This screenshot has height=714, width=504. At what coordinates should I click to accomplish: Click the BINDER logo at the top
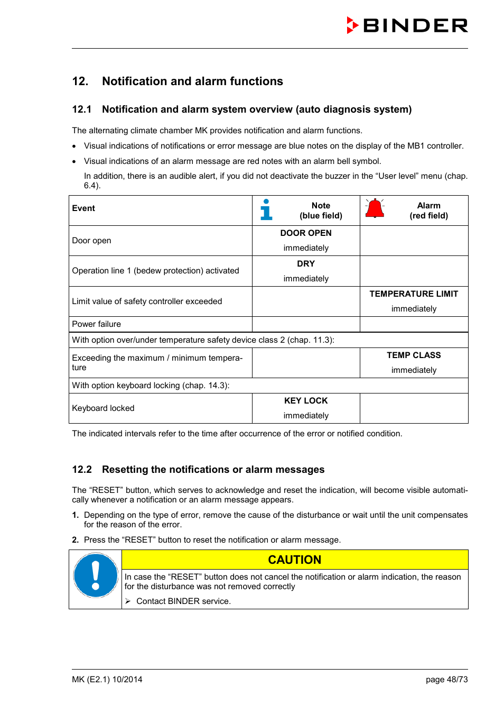pyautogui.click(x=407, y=25)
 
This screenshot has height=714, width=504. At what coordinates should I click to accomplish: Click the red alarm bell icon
pyautogui.click(x=375, y=209)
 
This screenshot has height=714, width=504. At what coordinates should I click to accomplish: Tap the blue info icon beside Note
pyautogui.click(x=266, y=209)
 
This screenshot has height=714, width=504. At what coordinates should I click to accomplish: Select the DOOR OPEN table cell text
pyautogui.click(x=306, y=233)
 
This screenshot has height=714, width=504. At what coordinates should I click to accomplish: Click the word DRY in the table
pyautogui.click(x=306, y=264)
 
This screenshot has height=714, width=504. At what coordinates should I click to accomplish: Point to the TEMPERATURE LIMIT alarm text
pyautogui.click(x=414, y=294)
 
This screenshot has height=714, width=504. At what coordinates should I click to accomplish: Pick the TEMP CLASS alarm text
pyautogui.click(x=414, y=355)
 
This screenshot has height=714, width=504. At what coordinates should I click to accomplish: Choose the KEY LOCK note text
pyautogui.click(x=306, y=401)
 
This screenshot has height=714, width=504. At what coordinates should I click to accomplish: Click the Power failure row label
pyautogui.click(x=97, y=324)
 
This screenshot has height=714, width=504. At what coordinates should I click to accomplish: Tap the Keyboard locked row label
pyautogui.click(x=104, y=408)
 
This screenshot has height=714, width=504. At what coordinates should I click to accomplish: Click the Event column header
pyautogui.click(x=83, y=208)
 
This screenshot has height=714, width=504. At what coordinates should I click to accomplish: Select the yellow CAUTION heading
pyautogui.click(x=294, y=560)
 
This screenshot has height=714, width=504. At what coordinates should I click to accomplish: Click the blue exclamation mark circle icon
pyautogui.click(x=96, y=575)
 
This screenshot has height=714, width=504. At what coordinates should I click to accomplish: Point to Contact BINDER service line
pyautogui.click(x=183, y=601)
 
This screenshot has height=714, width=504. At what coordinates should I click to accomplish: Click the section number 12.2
pyautogui.click(x=82, y=470)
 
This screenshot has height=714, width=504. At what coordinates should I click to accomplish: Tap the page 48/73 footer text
pyautogui.click(x=446, y=680)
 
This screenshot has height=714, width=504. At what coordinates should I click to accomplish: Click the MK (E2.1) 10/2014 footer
pyautogui.click(x=107, y=680)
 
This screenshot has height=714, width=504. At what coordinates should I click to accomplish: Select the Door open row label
pyautogui.click(x=92, y=241)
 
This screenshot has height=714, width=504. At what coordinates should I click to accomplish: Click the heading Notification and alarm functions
pyautogui.click(x=192, y=81)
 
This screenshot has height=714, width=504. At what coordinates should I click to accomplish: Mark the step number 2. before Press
pyautogui.click(x=75, y=540)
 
